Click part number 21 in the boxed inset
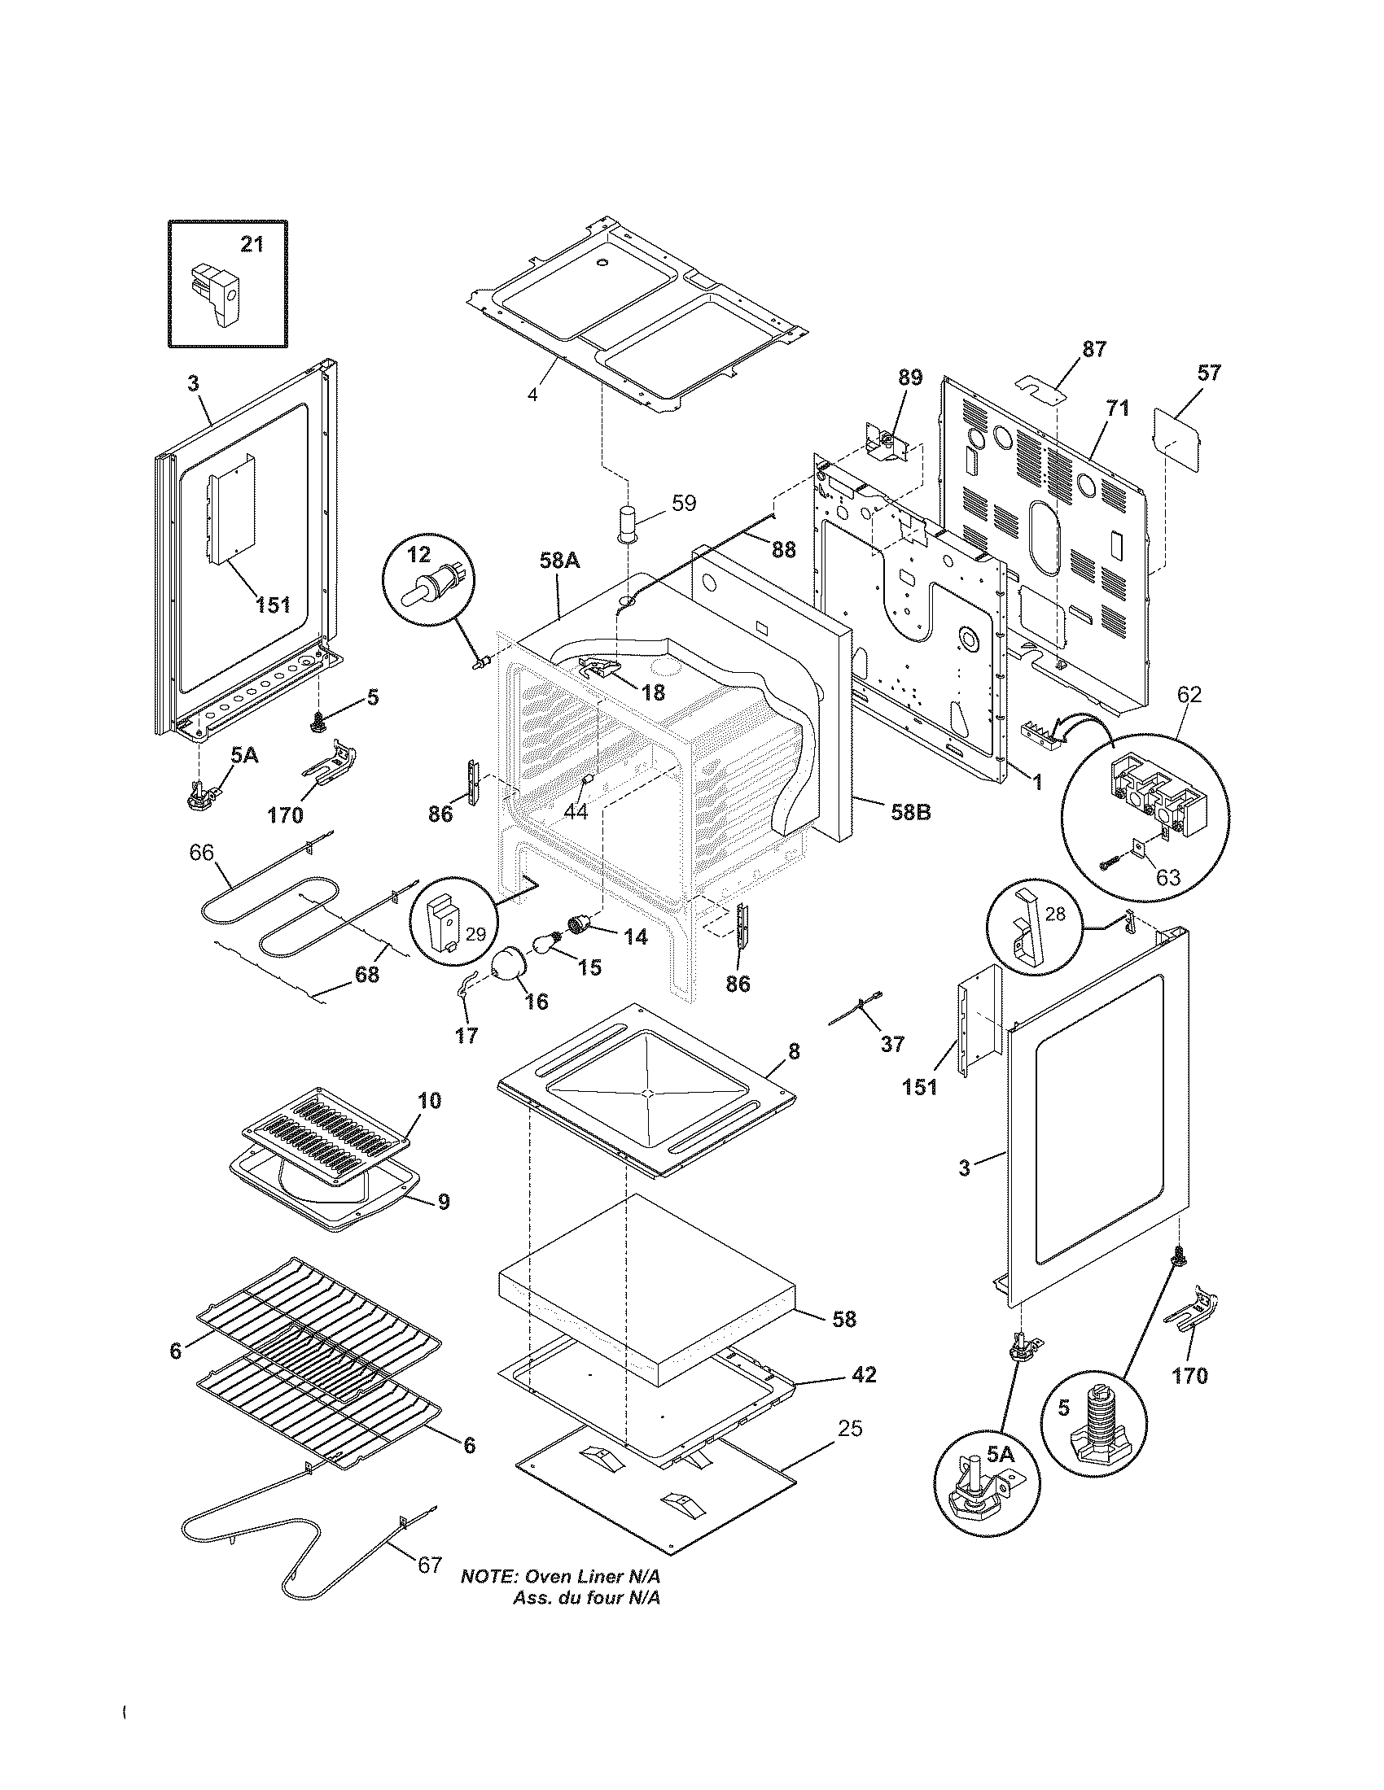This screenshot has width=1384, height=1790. pos(252,243)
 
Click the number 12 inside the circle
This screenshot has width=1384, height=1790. pos(418,555)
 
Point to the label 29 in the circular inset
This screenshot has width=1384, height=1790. pos(475,933)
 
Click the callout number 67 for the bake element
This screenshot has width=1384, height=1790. pos(430,1588)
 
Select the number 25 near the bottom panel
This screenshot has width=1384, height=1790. pos(850,1429)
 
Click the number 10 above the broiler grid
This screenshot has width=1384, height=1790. pos(429,1100)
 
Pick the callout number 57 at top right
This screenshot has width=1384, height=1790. pos(1208,373)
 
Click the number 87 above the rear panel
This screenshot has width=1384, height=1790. pos(1093,348)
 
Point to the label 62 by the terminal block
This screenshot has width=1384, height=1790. pos(1189,695)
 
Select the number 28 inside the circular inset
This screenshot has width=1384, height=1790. pos(1055,913)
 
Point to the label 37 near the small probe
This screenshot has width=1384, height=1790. pos(892,1043)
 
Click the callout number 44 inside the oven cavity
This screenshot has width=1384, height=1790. pos(576,812)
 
